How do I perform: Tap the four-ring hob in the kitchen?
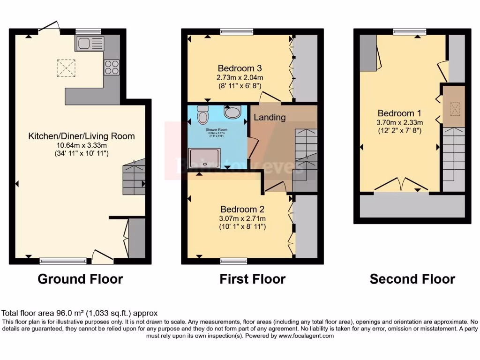pyautogui.click(x=112, y=67)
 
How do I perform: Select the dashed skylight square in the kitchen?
pyautogui.click(x=66, y=67)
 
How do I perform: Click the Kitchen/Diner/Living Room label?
pyautogui.click(x=82, y=136)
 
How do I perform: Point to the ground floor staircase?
pyautogui.click(x=134, y=178)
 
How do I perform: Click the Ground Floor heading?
pyautogui.click(x=80, y=279)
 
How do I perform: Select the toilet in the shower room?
pyautogui.click(x=203, y=114)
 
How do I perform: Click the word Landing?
pyautogui.click(x=270, y=117)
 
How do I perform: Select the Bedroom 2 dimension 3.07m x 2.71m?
pyautogui.click(x=243, y=218)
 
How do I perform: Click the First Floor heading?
pyautogui.click(x=252, y=279)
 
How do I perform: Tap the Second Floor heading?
pyautogui.click(x=412, y=279)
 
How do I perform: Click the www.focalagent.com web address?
pyautogui.click(x=306, y=336)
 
